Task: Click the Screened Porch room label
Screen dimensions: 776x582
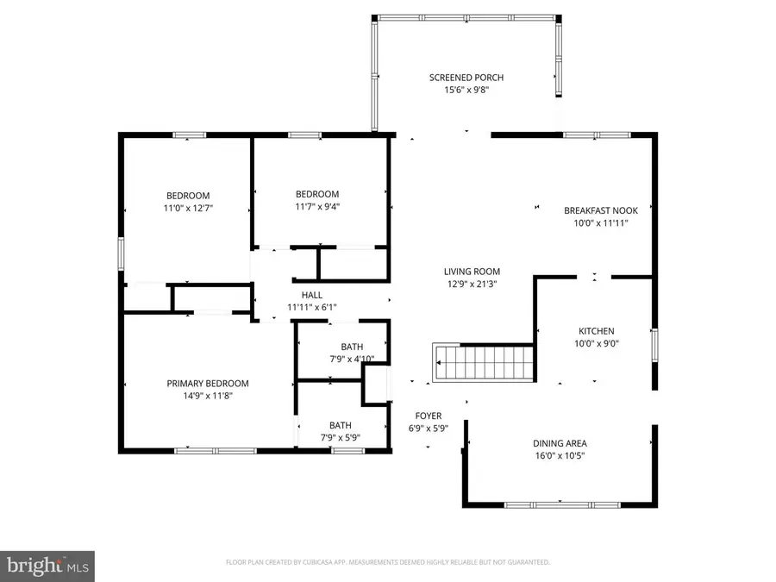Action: (466, 78)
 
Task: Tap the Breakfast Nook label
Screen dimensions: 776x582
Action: (601, 210)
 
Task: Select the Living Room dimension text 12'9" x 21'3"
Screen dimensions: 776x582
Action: (472, 284)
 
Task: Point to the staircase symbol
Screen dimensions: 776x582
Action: (484, 363)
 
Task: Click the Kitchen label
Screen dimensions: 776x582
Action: (597, 331)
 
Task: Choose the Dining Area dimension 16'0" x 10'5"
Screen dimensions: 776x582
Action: (560, 456)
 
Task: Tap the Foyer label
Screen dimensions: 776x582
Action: (428, 416)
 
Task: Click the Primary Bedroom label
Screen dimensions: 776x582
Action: (207, 384)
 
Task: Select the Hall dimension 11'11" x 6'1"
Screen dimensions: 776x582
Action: (312, 307)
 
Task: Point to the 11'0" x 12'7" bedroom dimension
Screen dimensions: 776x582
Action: (188, 209)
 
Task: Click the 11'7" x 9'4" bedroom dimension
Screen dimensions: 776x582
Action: (317, 207)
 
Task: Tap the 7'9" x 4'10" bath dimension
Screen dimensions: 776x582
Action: (352, 360)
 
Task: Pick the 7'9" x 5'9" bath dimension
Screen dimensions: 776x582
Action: (340, 438)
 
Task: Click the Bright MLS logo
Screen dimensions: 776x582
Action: (47, 566)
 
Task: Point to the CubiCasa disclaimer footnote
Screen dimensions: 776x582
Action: (387, 562)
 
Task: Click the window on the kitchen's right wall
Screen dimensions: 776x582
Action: (654, 345)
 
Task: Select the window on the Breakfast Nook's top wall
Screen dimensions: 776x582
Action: (597, 135)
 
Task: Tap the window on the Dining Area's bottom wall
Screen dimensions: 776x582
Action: (561, 504)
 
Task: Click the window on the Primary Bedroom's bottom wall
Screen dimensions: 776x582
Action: (216, 451)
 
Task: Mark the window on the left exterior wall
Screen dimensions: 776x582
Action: (121, 253)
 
